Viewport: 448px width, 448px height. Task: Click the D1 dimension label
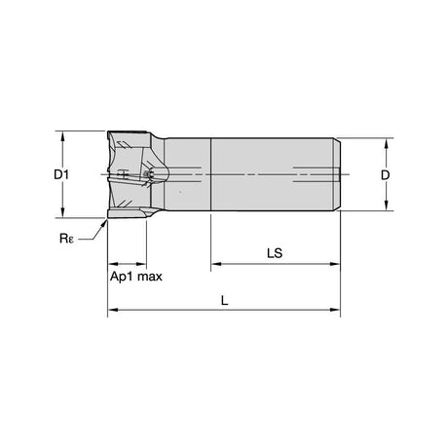coord(61,175)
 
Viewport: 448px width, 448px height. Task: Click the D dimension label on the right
coord(385,175)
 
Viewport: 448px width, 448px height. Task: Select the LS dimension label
coord(275,253)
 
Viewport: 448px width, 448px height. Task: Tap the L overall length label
coord(224,301)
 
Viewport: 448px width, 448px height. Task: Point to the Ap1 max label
coord(135,277)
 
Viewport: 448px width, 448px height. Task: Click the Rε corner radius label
coord(66,239)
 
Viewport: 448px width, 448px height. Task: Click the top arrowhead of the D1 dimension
coord(62,136)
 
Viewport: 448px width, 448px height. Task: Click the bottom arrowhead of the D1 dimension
coord(62,212)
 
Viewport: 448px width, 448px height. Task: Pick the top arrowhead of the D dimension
coord(386,143)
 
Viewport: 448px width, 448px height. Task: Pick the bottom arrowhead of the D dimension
coord(386,205)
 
